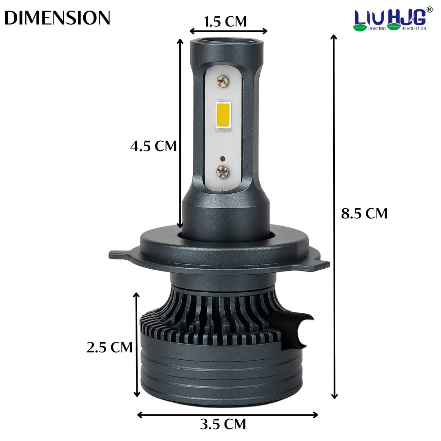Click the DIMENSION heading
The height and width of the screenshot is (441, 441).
coord(58,18)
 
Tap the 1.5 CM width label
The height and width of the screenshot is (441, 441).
coord(225,21)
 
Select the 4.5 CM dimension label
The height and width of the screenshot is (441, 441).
coord(154,146)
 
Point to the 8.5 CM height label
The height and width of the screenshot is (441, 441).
coord(364,213)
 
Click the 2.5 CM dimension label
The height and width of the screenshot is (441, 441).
coord(109,347)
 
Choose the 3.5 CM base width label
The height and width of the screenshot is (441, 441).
coord(223,424)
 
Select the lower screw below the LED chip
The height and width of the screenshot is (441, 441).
coord(223,171)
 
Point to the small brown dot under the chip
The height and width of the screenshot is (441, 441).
coord(222,158)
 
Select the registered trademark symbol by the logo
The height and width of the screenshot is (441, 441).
coord(429,10)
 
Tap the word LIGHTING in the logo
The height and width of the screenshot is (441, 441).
coord(376,29)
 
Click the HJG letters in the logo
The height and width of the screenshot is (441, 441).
coord(407,17)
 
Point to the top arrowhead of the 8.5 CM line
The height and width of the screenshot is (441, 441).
coord(334,38)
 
